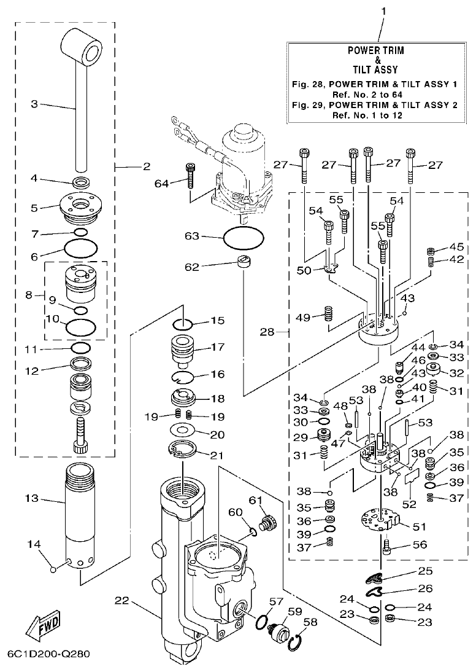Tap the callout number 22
pyautogui.click(x=121, y=600)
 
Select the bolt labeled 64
pyautogui.click(x=190, y=176)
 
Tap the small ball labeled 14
pyautogui.click(x=53, y=569)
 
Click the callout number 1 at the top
pyautogui.click(x=383, y=11)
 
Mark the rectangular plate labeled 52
pyautogui.click(x=410, y=477)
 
